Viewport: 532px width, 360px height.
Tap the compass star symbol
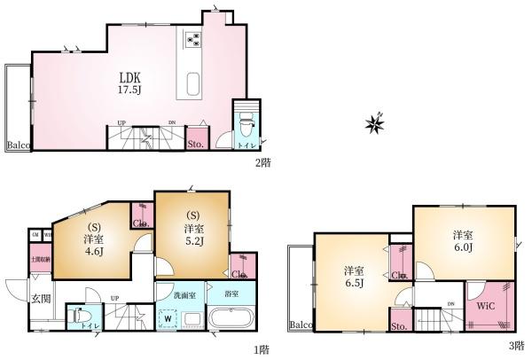(x=374, y=123)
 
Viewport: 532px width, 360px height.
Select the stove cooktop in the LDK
(x=193, y=39)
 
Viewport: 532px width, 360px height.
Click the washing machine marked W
(x=167, y=317)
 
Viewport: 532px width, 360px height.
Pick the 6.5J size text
(x=354, y=286)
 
